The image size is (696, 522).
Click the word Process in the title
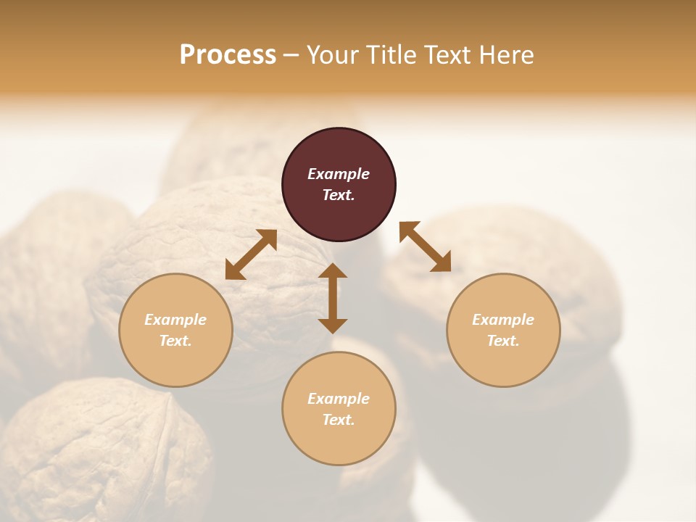[x=228, y=55]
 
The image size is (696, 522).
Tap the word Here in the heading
[x=505, y=55]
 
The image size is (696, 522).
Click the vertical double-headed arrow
[x=333, y=298]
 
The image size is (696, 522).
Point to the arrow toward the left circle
[x=251, y=254]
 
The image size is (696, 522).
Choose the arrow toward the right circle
[x=425, y=246]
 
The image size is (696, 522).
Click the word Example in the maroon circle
[x=339, y=174]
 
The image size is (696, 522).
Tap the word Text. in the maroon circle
[x=339, y=195]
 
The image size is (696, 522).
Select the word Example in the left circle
[x=175, y=320]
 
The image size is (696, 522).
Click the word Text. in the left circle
[x=175, y=341]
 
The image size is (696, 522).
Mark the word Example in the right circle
[x=503, y=320]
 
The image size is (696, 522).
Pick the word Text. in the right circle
[x=503, y=341]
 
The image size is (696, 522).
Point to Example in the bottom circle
[x=339, y=399]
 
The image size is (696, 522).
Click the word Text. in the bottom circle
[x=339, y=420]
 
